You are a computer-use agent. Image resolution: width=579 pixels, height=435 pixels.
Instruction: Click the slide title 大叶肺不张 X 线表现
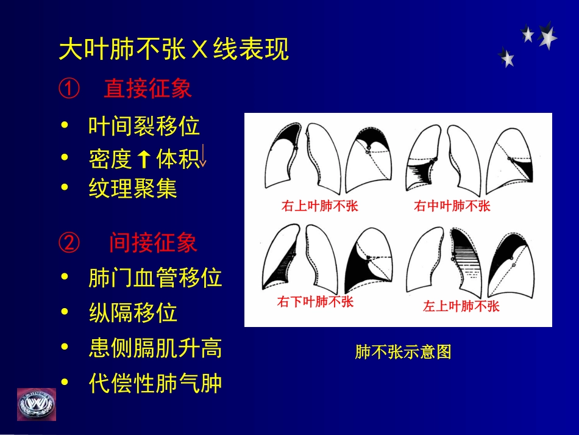point(174,51)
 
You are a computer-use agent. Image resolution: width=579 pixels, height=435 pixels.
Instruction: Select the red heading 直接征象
point(147,89)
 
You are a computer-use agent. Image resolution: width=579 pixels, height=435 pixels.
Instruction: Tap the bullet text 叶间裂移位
point(144,127)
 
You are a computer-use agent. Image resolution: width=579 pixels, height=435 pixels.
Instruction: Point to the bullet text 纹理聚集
point(133,189)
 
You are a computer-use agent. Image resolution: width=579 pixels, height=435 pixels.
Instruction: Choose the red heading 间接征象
point(153,243)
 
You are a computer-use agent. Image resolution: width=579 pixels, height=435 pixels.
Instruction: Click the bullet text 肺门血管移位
point(155,278)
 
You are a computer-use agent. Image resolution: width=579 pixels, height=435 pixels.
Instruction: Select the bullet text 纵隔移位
point(133,313)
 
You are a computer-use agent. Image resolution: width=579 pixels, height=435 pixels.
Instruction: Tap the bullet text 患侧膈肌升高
point(155,348)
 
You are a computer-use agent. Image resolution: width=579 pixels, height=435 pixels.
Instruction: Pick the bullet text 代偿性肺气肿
point(155,384)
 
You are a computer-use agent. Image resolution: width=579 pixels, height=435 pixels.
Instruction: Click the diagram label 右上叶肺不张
point(320,206)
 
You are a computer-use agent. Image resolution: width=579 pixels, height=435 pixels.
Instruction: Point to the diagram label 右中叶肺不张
point(452,206)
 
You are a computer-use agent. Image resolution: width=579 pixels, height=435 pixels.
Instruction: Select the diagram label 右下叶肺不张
point(315,302)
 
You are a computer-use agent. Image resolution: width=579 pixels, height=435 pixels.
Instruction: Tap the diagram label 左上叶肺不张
point(461,306)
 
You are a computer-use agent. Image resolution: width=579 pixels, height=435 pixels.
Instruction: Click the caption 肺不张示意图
point(403,352)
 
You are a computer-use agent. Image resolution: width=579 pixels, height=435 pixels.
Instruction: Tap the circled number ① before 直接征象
point(69,89)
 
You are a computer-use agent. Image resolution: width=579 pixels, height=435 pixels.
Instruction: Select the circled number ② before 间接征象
point(69,243)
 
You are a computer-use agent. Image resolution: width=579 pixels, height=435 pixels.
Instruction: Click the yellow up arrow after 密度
point(144,160)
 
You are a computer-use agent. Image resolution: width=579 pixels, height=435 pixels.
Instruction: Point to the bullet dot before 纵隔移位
point(65,313)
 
